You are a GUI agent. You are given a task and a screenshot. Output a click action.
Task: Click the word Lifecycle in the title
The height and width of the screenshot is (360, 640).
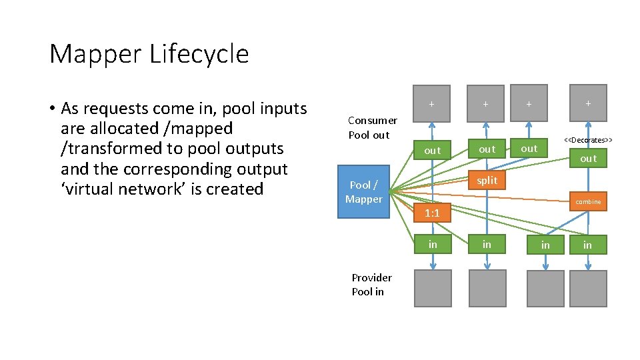click(199, 54)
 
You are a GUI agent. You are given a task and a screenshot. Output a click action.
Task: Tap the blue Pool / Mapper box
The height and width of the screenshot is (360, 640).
click(364, 192)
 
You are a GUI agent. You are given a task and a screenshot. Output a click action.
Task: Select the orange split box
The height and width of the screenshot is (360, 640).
click(487, 181)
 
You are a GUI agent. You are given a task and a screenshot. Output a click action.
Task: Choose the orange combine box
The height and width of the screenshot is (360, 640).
click(588, 201)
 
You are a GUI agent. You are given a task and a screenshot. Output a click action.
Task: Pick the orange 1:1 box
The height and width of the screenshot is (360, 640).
click(433, 213)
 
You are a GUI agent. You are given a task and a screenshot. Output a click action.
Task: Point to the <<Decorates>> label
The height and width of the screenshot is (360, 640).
click(588, 140)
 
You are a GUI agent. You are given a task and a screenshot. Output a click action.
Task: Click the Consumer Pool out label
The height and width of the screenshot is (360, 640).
click(372, 127)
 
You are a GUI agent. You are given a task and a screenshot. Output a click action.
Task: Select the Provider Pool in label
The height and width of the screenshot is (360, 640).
click(371, 285)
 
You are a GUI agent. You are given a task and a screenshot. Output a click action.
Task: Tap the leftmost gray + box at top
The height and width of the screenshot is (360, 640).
click(433, 104)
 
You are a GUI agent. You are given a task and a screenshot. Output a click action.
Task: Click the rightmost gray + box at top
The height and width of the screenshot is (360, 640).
click(588, 103)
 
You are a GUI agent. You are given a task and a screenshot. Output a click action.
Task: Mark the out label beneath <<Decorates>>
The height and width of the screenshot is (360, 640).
click(588, 159)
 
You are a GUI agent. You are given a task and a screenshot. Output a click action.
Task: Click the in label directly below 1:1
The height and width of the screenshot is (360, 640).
click(433, 245)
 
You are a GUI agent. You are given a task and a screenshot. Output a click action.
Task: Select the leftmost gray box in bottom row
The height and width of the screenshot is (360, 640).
click(433, 288)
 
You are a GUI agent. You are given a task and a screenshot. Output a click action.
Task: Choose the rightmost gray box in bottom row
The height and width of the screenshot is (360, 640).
click(588, 288)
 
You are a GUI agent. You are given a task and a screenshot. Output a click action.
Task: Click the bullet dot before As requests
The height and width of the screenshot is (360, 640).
click(51, 109)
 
